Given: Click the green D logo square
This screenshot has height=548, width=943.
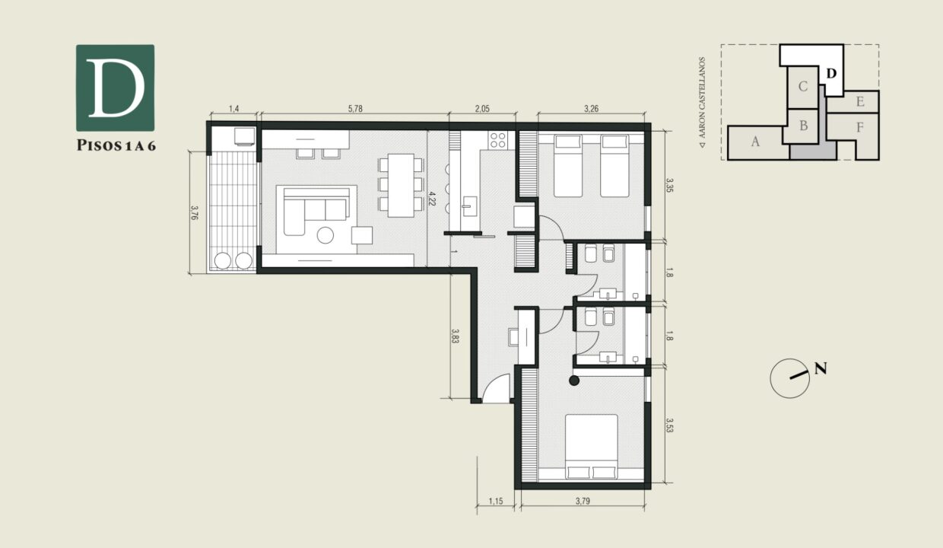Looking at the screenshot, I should [115, 88].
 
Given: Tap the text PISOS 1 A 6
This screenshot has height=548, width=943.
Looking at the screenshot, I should [116, 146].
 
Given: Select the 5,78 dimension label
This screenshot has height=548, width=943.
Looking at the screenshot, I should [354, 109].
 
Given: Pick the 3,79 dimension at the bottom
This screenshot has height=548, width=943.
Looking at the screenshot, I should [582, 501].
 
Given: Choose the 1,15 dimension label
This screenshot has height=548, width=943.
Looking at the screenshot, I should [497, 501].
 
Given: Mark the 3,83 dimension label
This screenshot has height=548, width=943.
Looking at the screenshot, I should [455, 336].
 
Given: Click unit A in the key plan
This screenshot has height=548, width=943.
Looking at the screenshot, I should [754, 142].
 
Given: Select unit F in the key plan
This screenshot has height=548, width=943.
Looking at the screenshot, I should [859, 127].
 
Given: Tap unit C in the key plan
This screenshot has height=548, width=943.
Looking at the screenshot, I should [802, 86].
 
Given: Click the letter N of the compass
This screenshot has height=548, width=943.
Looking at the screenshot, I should [821, 369].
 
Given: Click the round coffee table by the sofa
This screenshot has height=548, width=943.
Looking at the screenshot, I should [325, 235].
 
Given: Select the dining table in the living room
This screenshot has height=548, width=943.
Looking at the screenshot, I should [401, 184].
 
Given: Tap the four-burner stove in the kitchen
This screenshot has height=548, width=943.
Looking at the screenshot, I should [498, 141].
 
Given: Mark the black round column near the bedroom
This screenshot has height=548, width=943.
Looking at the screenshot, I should [574, 381].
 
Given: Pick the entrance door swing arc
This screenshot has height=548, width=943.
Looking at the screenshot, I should [496, 390].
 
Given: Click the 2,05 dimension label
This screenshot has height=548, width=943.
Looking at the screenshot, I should [481, 109].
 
